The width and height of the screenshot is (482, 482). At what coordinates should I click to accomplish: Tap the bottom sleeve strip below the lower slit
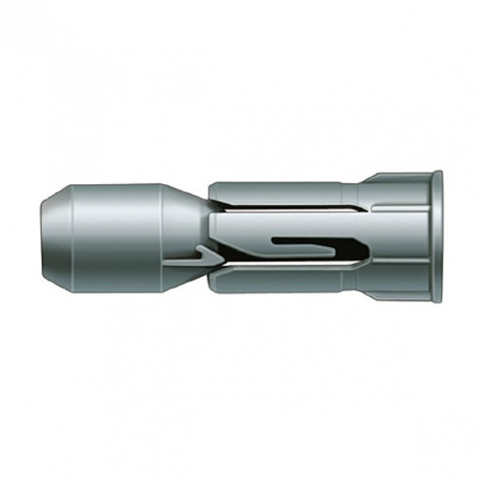(x=289, y=279)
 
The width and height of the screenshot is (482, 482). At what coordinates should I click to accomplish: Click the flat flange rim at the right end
(x=436, y=237)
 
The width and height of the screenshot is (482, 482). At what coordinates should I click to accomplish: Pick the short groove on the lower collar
(x=399, y=264)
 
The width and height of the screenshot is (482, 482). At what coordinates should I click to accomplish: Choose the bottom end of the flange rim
(x=436, y=299)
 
